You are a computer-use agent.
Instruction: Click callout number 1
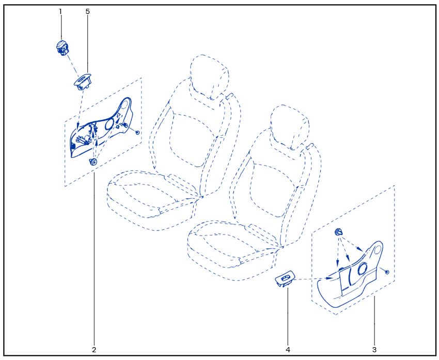60,11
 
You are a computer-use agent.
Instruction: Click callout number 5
88,11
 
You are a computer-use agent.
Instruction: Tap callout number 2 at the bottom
94,350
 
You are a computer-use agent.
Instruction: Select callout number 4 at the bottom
288,350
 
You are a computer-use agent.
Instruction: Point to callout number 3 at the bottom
374,350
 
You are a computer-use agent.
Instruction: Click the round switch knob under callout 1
61,48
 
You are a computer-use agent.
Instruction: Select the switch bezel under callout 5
83,82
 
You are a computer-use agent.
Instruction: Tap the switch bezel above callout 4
285,278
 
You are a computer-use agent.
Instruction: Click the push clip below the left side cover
93,162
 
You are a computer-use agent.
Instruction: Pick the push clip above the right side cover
339,232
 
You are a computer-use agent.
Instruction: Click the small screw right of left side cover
137,132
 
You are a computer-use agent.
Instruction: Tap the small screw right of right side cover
387,272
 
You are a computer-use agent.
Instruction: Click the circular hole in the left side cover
109,124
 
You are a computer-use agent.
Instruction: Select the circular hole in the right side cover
363,269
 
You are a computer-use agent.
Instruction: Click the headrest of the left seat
209,77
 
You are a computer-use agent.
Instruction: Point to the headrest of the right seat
290,127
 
